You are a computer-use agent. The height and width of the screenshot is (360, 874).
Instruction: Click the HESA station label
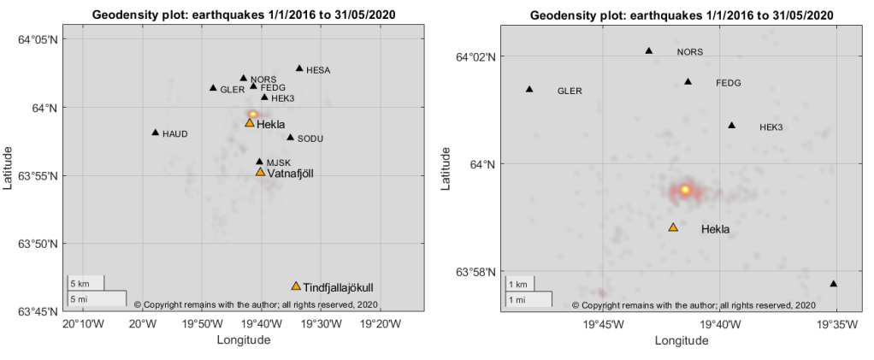pyautogui.click(x=317, y=70)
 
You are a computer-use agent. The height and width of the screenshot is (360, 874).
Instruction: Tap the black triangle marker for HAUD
pyautogui.click(x=156, y=133)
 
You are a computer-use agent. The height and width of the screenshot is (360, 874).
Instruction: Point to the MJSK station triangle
pyautogui.click(x=260, y=161)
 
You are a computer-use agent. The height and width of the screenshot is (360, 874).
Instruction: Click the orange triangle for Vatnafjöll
pyautogui.click(x=261, y=172)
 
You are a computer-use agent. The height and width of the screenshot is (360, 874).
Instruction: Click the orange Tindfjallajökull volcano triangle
pyautogui.click(x=296, y=286)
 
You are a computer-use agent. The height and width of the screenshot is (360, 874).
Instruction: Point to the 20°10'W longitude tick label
pyautogui.click(x=80, y=325)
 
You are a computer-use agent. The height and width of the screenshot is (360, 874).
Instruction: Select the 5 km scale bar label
pyautogui.click(x=80, y=283)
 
